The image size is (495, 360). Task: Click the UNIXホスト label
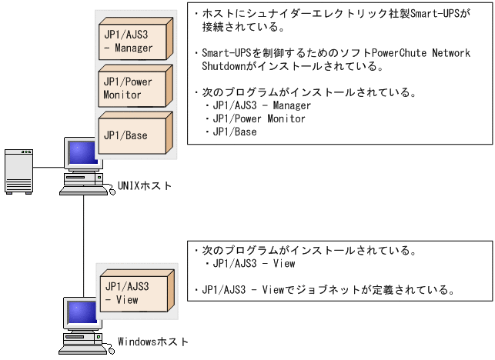145,187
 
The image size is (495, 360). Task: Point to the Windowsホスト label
152,342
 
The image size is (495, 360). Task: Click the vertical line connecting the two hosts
82,246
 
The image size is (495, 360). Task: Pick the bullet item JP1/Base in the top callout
234,132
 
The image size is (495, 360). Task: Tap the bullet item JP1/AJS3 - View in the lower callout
254,264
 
